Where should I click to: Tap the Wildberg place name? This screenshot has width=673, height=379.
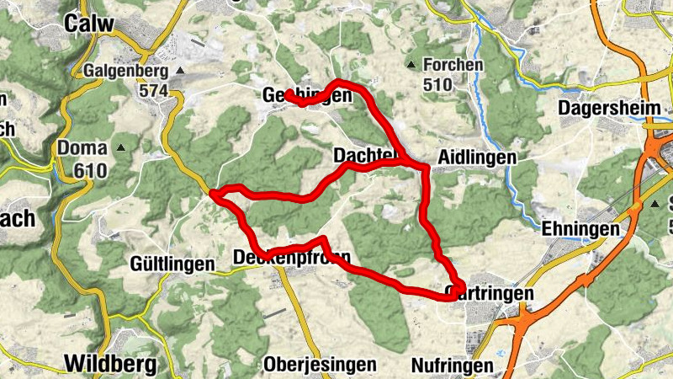[x=110, y=364]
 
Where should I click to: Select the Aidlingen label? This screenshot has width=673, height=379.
[x=478, y=158]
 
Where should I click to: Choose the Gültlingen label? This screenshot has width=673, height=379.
[x=172, y=264]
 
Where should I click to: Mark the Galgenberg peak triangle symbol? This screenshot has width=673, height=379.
[x=179, y=72]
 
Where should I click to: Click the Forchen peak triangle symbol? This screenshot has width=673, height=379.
[x=411, y=65]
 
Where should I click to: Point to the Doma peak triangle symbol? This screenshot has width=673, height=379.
[x=121, y=149]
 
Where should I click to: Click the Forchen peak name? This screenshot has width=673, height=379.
[x=453, y=65]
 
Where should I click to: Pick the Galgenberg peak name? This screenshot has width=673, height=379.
[x=127, y=72]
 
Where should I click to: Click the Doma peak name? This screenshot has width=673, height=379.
[x=82, y=149]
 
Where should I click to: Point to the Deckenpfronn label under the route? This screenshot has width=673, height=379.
[x=291, y=257]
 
